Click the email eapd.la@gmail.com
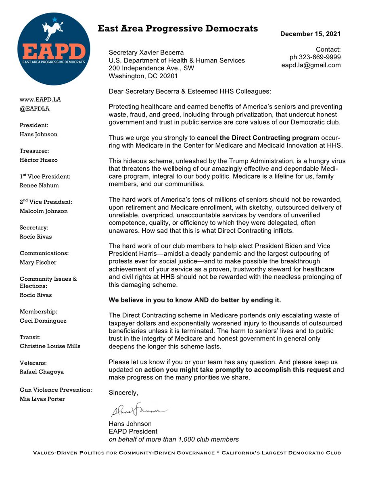tap(311, 65)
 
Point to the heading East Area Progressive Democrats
tap(178, 29)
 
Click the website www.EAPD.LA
tap(40, 99)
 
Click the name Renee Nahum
tap(39, 186)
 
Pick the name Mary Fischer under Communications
tap(38, 262)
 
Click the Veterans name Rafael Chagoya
tap(42, 371)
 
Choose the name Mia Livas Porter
tap(42, 399)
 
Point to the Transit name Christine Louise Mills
tap(50, 346)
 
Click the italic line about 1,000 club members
tap(174, 439)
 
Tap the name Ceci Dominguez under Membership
tap(43, 321)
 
